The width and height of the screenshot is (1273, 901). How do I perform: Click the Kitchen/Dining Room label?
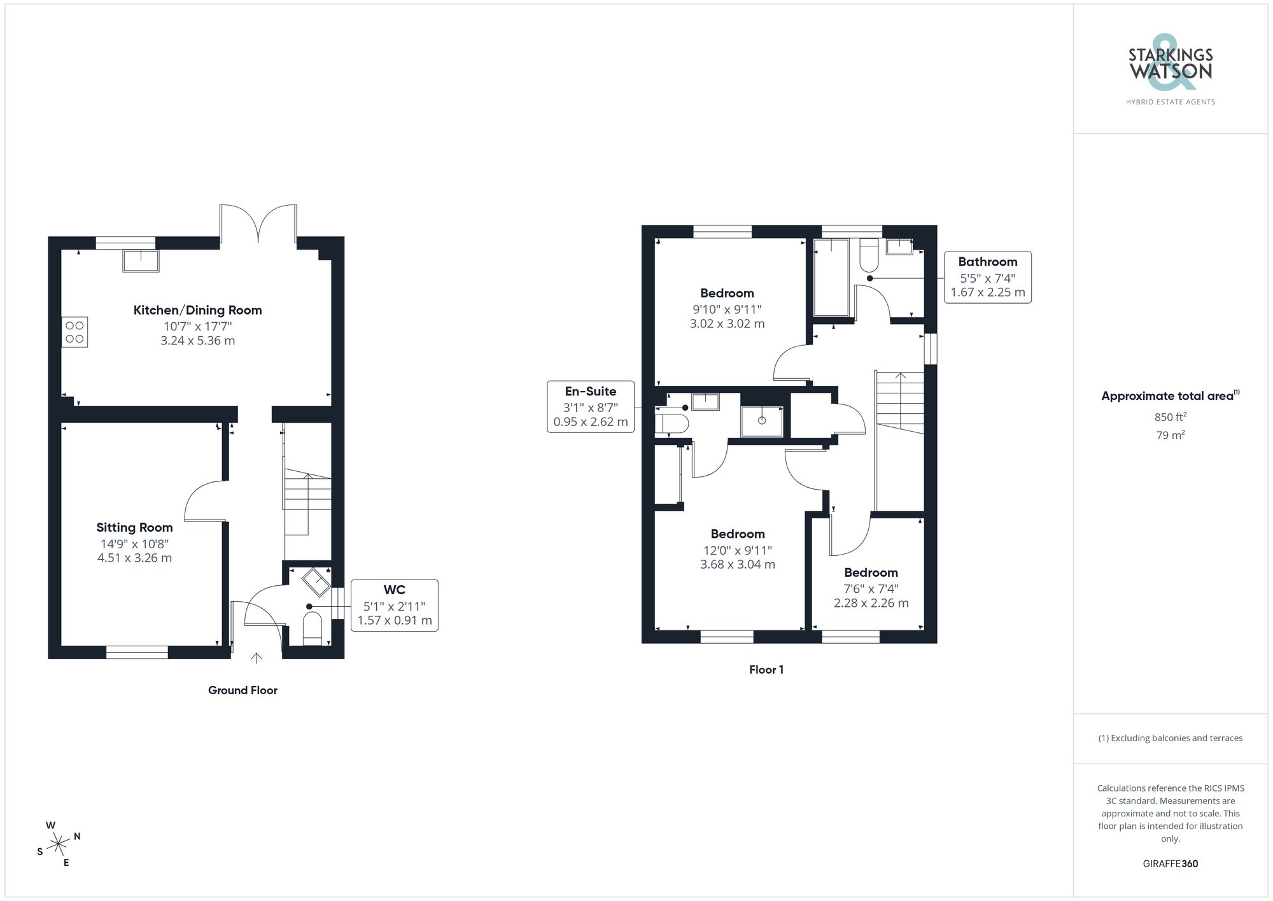[197, 310]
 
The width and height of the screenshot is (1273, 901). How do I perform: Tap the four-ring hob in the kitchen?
[74, 332]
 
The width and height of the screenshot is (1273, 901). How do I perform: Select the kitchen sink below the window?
[141, 260]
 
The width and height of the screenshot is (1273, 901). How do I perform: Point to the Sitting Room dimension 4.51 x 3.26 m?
[134, 558]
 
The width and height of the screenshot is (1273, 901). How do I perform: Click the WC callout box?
[394, 605]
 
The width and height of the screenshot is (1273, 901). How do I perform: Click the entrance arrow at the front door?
[257, 658]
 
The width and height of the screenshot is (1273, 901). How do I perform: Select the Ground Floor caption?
[243, 690]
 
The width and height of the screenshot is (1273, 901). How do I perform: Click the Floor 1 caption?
[766, 670]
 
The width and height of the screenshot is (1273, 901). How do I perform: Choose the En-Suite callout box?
[590, 407]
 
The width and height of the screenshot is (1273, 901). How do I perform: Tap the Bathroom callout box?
[987, 278]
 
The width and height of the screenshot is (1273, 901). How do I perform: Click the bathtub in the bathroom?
[831, 277]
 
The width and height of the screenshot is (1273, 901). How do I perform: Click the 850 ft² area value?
[1170, 417]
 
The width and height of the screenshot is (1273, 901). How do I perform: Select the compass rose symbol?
[59, 844]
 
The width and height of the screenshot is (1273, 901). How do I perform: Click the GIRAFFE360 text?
[1170, 863]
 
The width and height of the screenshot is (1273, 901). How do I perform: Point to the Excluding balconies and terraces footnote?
[1170, 738]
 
